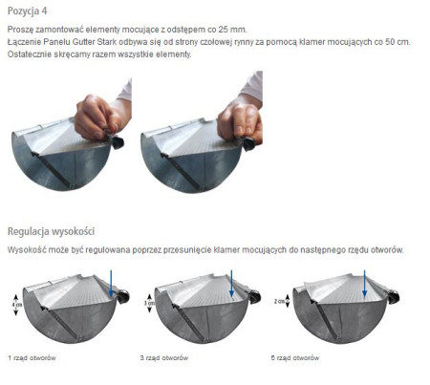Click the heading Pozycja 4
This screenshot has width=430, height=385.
27,11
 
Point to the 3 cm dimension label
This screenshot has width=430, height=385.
148,304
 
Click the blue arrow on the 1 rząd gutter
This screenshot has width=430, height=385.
112,283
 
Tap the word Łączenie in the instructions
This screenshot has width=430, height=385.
25,42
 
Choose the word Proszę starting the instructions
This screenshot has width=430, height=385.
20,30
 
